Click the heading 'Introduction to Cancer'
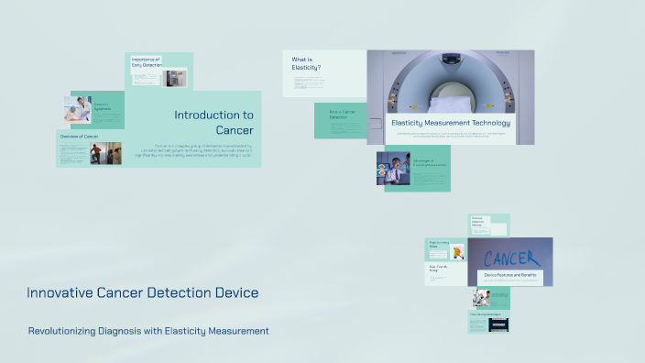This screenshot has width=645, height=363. pyautogui.click(x=213, y=122)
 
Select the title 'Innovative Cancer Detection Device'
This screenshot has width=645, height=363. pyautogui.click(x=142, y=292)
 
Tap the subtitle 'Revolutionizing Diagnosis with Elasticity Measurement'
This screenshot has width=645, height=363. pyautogui.click(x=148, y=330)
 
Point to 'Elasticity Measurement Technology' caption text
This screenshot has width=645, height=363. pyautogui.click(x=451, y=122)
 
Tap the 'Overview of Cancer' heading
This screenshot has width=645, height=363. pyautogui.click(x=79, y=136)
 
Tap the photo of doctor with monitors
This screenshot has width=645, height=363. pyautogui.click(x=393, y=169)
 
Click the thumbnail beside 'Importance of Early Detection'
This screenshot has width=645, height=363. pyautogui.click(x=175, y=77)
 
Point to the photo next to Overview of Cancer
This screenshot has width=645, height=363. pyautogui.click(x=105, y=153)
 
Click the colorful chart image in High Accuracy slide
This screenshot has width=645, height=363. pyautogui.click(x=456, y=251)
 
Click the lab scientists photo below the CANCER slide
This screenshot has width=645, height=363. pyautogui.click(x=481, y=298)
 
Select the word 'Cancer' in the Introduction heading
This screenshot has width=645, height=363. pyautogui.click(x=235, y=129)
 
